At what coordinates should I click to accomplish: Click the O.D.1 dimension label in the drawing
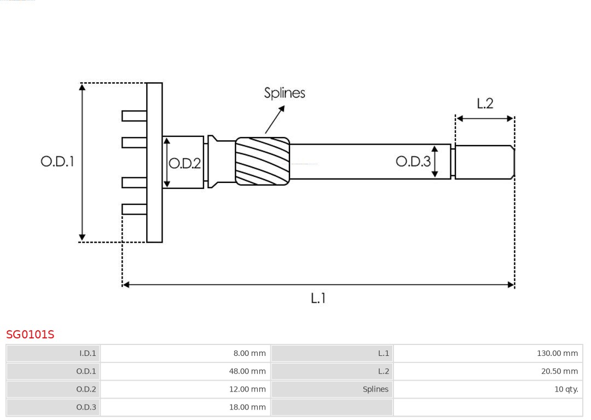tap(57, 162)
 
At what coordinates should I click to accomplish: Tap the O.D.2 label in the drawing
tap(184, 163)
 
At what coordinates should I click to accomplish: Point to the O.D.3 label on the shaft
tap(413, 161)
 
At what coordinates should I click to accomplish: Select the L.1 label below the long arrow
tap(318, 298)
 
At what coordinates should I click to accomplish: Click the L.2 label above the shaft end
tap(485, 103)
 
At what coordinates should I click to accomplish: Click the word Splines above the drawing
tap(285, 93)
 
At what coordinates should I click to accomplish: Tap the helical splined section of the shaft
tap(262, 160)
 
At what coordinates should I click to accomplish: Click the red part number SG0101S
tap(30, 335)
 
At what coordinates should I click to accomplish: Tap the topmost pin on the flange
tap(134, 116)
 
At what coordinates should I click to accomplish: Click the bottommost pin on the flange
tap(134, 209)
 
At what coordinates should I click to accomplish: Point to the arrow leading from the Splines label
tap(275, 119)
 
